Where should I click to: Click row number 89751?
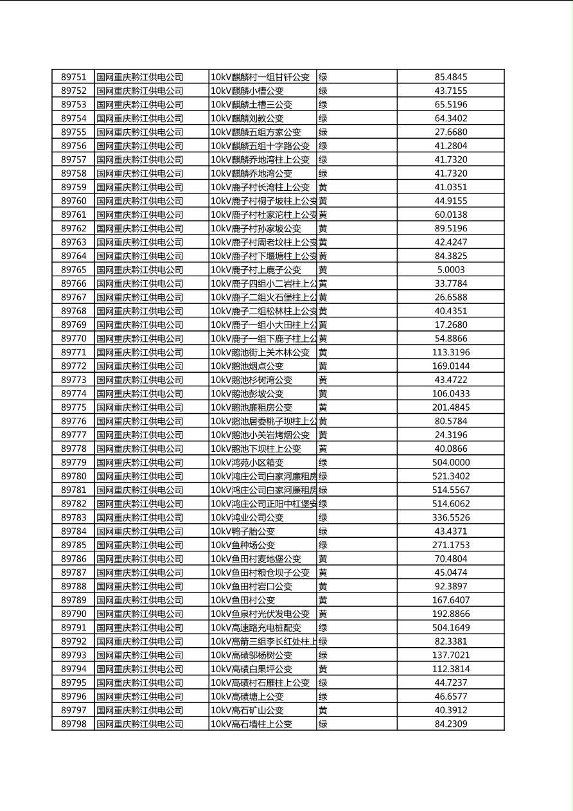(x=73, y=77)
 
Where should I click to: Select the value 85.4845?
(x=450, y=77)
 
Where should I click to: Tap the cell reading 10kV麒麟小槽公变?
(x=247, y=91)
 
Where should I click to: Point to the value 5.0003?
(x=450, y=270)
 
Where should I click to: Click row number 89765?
(x=73, y=270)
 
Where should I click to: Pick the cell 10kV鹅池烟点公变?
(x=247, y=366)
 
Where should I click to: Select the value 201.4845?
(x=450, y=407)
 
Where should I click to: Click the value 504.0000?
(x=450, y=463)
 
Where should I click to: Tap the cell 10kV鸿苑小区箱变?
(x=247, y=463)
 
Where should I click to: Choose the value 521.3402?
(x=450, y=476)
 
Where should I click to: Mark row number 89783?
(x=73, y=517)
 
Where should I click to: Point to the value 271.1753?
(x=450, y=545)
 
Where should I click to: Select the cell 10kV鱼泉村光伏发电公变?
(x=260, y=614)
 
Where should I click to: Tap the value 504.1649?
(x=450, y=628)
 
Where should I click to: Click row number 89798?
(x=73, y=724)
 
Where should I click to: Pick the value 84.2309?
(x=450, y=724)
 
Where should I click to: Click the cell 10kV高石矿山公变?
(x=247, y=710)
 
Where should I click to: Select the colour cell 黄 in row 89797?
(x=323, y=710)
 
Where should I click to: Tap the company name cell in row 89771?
(x=139, y=352)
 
